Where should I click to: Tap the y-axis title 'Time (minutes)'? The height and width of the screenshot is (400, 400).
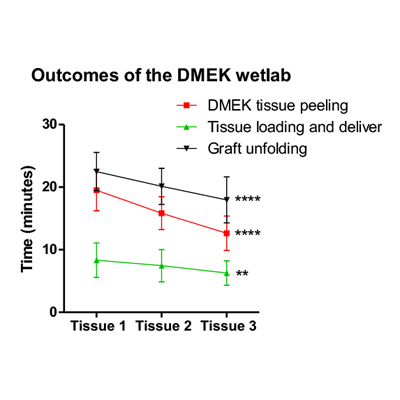30,218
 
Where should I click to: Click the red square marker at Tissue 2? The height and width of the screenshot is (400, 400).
162,213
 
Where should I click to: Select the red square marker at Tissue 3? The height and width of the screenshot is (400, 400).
227,233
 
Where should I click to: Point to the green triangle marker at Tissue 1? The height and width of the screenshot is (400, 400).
97,260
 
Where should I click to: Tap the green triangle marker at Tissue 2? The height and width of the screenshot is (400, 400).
162,265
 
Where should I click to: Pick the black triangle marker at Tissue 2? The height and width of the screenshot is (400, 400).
162,186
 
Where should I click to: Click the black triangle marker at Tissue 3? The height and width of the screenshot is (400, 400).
227,200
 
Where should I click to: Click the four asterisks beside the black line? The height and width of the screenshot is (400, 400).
248,201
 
